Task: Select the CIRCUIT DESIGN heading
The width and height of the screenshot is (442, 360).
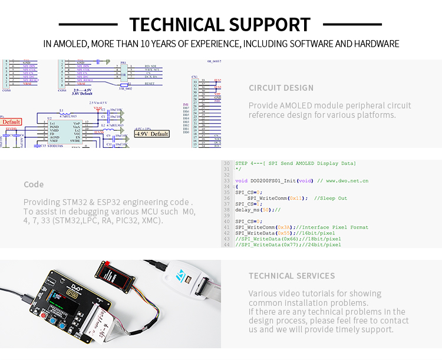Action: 281,88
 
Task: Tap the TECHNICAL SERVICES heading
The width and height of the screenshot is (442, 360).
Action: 292,276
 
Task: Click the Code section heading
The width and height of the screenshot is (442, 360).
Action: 34,184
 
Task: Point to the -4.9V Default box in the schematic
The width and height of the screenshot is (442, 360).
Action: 152,134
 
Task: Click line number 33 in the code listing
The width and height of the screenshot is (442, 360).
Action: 226,180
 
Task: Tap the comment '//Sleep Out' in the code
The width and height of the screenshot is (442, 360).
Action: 331,198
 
